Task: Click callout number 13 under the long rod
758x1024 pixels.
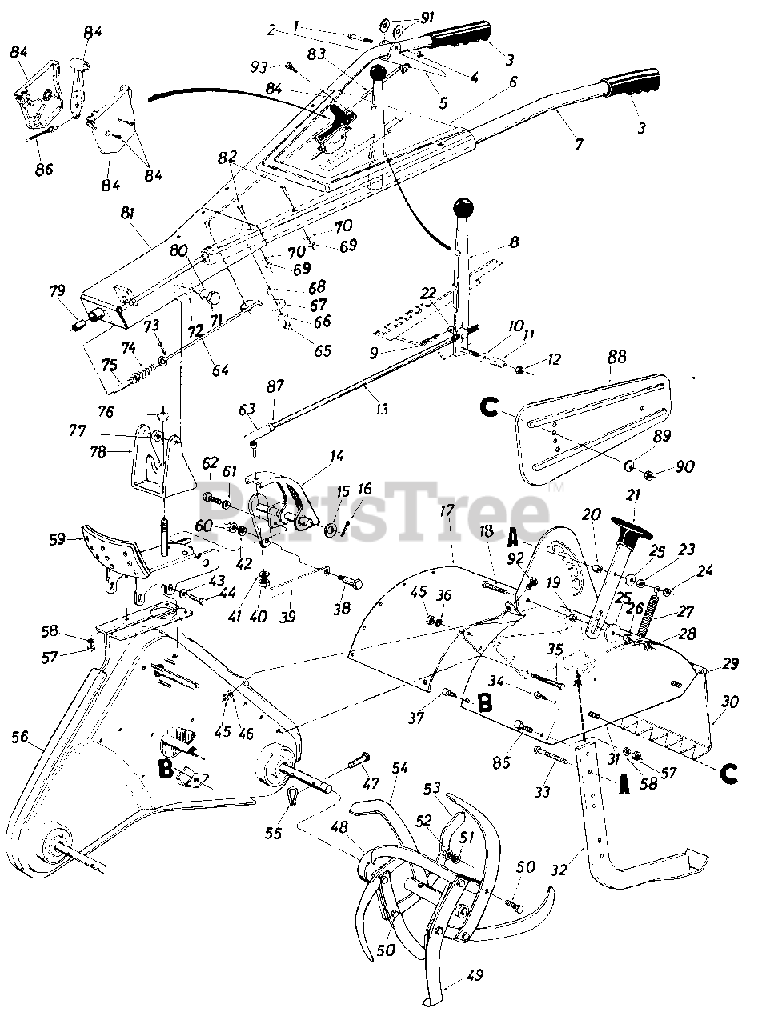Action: coord(381,408)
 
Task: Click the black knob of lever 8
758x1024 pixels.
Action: coord(462,210)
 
